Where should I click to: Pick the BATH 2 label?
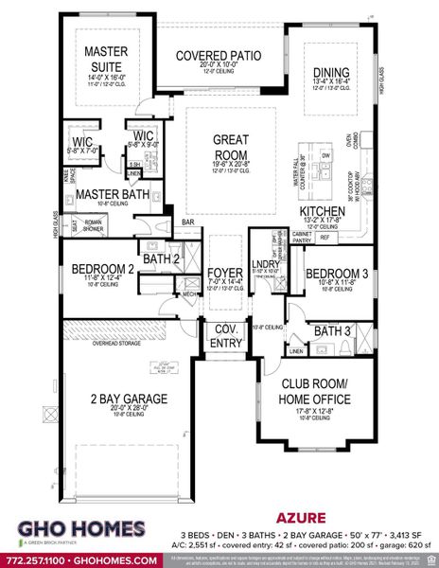pos(161,257)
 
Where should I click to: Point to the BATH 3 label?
pos(333,331)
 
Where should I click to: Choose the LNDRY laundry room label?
pos(264,264)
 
